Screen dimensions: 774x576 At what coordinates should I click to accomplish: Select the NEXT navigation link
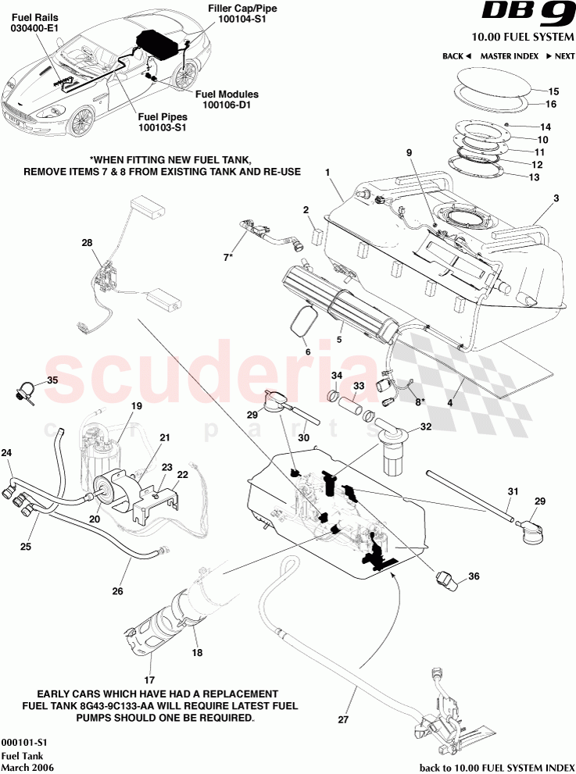(560, 56)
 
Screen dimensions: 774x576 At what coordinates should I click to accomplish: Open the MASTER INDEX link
(509, 56)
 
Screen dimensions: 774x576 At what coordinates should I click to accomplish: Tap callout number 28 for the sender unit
(87, 244)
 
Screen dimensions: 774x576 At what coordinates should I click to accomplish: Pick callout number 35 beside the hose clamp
(52, 380)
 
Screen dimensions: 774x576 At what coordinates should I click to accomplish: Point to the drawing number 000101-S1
(25, 743)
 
